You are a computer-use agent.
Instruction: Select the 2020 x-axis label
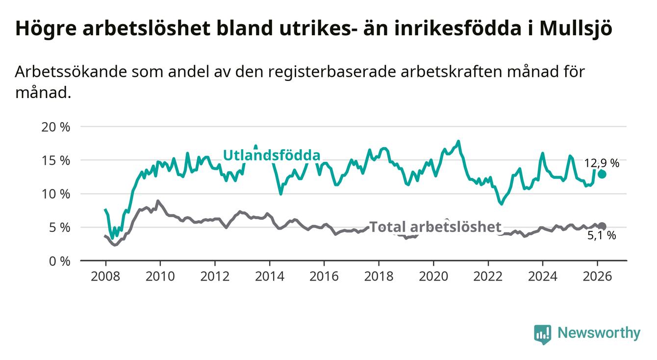tap(433, 276)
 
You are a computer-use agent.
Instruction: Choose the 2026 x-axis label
tap(597, 276)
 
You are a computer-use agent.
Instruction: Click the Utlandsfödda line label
tap(272, 155)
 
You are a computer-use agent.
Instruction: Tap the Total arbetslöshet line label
tap(435, 227)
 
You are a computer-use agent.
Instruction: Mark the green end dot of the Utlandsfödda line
tap(602, 174)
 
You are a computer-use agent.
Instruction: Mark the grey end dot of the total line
tap(602, 226)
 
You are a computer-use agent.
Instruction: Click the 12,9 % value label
tap(602, 163)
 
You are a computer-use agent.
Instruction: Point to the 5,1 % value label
tap(602, 236)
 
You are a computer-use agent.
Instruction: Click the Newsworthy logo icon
tap(542, 334)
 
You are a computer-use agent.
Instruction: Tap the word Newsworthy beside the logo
tap(599, 334)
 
